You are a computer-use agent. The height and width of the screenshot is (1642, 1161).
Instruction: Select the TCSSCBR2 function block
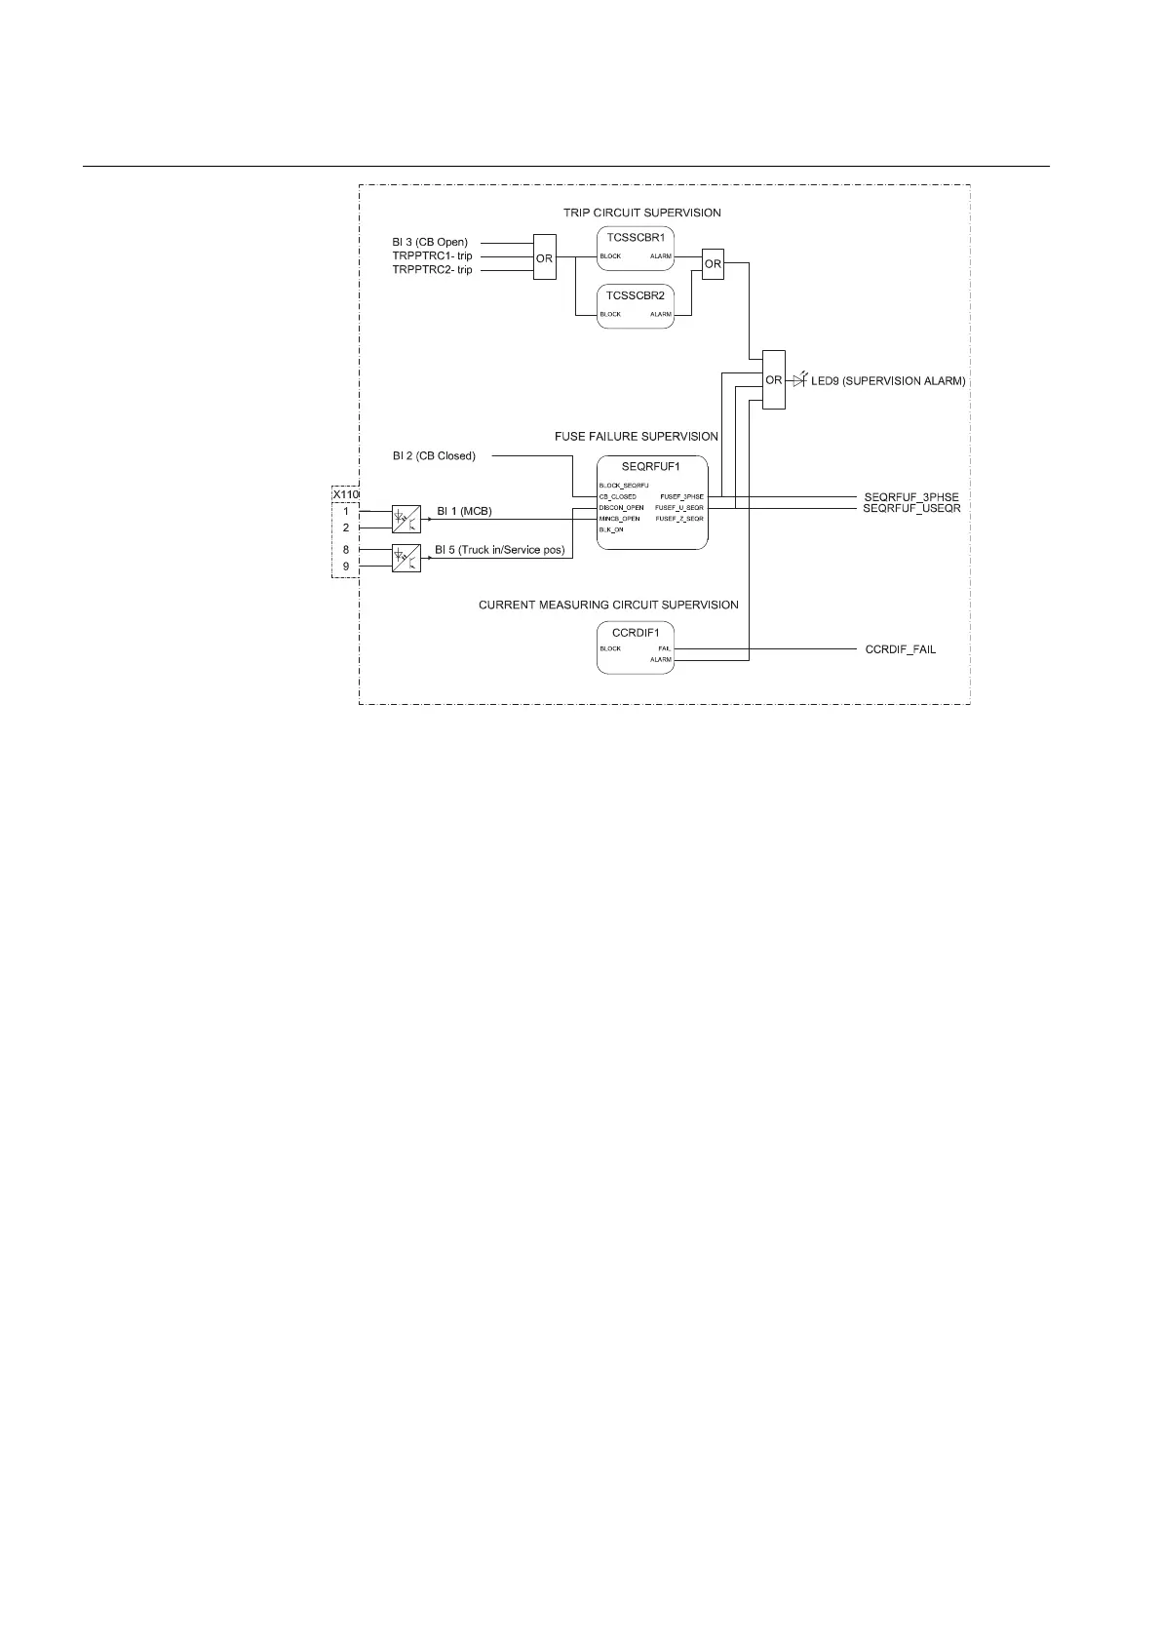pyautogui.click(x=635, y=305)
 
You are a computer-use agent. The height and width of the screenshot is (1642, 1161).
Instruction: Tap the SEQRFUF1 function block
pyautogui.click(x=651, y=501)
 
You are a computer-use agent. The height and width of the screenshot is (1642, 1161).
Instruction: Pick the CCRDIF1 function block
pyautogui.click(x=635, y=647)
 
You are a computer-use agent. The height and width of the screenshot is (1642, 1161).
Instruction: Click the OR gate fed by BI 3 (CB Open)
pyautogui.click(x=544, y=257)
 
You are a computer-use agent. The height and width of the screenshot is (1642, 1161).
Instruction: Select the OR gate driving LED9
pyautogui.click(x=773, y=379)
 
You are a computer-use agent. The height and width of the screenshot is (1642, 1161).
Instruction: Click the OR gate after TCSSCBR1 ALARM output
pyautogui.click(x=713, y=264)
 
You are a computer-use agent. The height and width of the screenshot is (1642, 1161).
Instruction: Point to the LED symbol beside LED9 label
pyautogui.click(x=799, y=379)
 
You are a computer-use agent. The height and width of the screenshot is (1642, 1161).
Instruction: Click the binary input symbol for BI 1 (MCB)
pyautogui.click(x=406, y=519)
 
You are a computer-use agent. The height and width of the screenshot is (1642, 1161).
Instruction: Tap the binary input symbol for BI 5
pyautogui.click(x=406, y=558)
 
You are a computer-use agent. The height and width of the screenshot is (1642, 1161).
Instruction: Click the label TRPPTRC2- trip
pyautogui.click(x=432, y=270)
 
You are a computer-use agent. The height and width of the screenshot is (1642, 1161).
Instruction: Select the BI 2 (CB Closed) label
pyautogui.click(x=434, y=455)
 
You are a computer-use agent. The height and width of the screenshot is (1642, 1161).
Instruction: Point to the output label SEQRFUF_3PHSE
pyautogui.click(x=910, y=497)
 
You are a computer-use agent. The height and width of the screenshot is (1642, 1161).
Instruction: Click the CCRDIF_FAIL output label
pyautogui.click(x=900, y=649)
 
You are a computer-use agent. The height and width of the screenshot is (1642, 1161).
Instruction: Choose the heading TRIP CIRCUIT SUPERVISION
pyautogui.click(x=641, y=213)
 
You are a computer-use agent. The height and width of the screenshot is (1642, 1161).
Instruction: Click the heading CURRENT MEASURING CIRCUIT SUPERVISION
pyautogui.click(x=608, y=606)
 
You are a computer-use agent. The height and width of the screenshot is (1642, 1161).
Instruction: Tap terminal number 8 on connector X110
pyautogui.click(x=345, y=550)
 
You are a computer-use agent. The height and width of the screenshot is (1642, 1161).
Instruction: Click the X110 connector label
pyautogui.click(x=345, y=494)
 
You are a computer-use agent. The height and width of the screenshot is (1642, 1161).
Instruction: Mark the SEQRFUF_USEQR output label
pyautogui.click(x=911, y=509)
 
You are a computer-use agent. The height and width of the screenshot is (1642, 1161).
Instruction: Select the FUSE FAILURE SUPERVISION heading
pyautogui.click(x=636, y=437)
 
